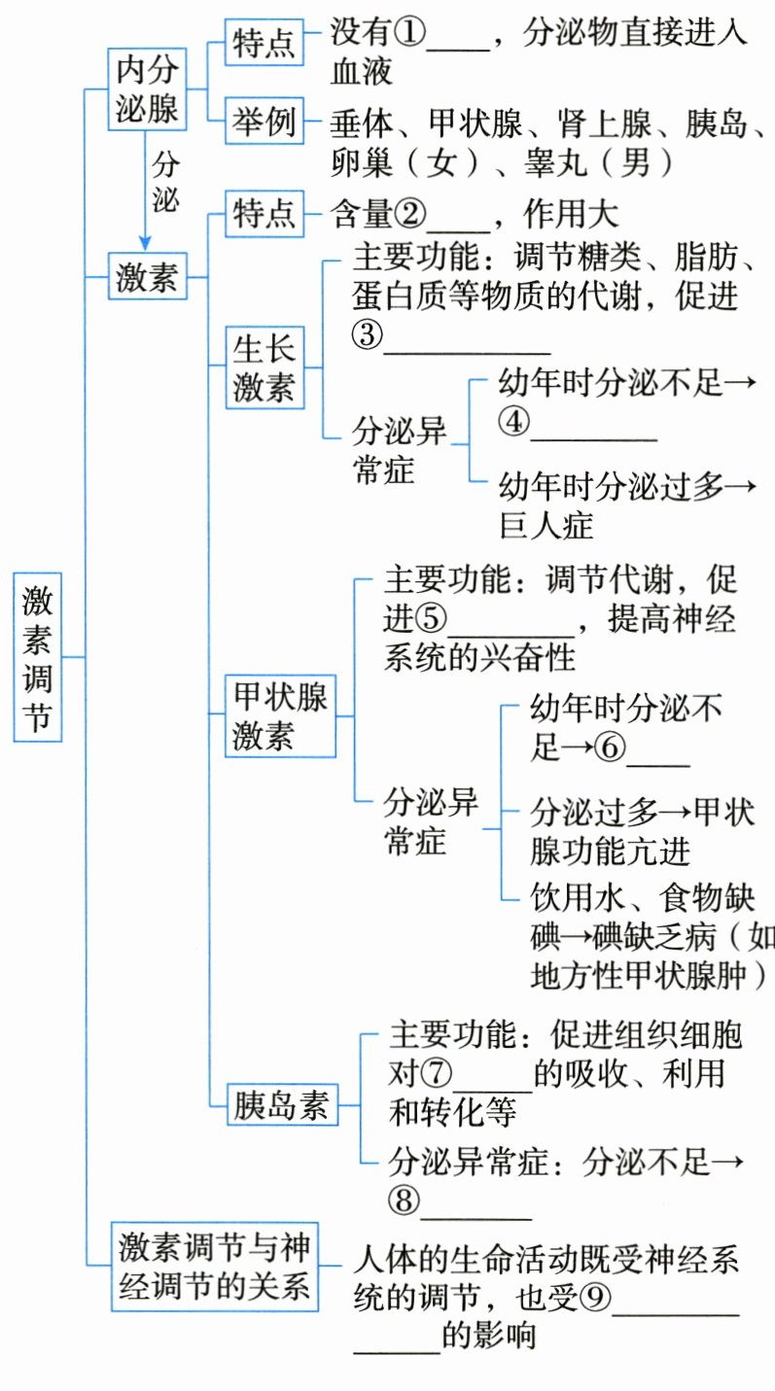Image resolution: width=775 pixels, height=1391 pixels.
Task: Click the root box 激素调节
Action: (38, 657)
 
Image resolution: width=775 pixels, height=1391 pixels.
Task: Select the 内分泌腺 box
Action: (148, 89)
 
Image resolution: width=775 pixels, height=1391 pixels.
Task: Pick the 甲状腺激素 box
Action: (280, 716)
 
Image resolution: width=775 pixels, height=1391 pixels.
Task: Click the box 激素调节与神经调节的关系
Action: (214, 1267)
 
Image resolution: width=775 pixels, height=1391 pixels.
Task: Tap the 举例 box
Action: (264, 122)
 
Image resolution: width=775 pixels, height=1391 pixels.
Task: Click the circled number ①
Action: (408, 33)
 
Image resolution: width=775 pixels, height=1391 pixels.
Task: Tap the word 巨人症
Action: (546, 526)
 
